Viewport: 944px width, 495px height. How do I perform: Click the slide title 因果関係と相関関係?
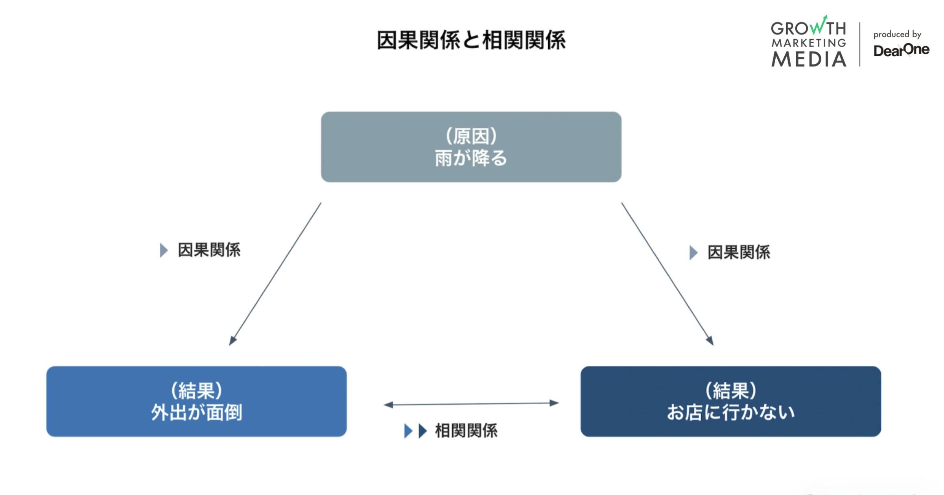click(x=471, y=40)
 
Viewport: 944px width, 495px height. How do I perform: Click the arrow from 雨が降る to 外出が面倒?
click(x=275, y=274)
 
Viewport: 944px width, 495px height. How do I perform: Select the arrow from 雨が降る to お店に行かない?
click(x=667, y=274)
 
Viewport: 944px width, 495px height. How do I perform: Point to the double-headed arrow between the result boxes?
click(x=471, y=403)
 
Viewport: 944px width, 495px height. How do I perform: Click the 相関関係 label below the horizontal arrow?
click(x=466, y=431)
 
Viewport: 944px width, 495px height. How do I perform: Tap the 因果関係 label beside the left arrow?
click(x=209, y=250)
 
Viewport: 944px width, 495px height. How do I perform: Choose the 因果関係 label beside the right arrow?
click(x=739, y=253)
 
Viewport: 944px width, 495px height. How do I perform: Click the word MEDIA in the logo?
click(x=809, y=59)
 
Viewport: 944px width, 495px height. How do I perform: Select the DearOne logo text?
click(x=901, y=50)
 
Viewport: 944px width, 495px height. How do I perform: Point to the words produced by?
click(x=897, y=35)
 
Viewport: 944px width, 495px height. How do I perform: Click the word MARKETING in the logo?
click(x=809, y=43)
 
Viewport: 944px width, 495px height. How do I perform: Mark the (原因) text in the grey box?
click(x=471, y=136)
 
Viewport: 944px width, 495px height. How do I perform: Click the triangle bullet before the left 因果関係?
click(x=164, y=250)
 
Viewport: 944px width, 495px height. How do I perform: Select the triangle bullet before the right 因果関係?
click(x=693, y=253)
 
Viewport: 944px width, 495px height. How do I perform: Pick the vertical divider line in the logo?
click(x=860, y=44)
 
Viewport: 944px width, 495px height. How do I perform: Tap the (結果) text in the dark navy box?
click(x=730, y=390)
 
